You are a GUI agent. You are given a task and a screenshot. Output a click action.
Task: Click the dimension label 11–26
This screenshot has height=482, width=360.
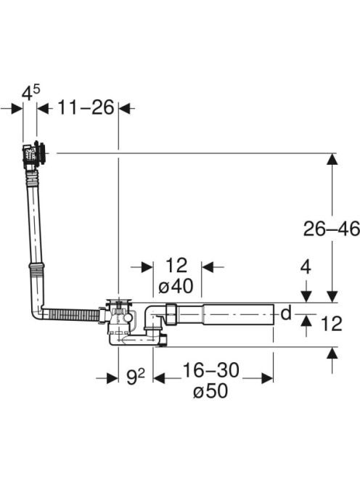86,107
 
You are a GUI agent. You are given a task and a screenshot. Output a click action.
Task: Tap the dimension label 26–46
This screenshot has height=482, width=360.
332,229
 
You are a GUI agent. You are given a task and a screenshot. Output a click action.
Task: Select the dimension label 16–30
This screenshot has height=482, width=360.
211,369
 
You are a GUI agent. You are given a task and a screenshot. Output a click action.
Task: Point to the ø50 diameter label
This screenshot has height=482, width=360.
210,391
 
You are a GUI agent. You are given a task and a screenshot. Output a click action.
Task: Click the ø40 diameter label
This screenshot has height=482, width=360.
176,286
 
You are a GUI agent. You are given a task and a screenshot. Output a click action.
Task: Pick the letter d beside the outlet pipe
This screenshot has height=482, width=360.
286,314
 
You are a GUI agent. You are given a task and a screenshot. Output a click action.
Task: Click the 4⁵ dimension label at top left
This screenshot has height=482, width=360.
30,92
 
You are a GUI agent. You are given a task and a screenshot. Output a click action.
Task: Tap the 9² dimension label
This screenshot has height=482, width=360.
136,377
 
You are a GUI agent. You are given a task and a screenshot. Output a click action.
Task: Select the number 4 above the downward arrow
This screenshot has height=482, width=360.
306,267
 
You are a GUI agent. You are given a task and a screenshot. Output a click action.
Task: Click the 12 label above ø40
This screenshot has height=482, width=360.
176,265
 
